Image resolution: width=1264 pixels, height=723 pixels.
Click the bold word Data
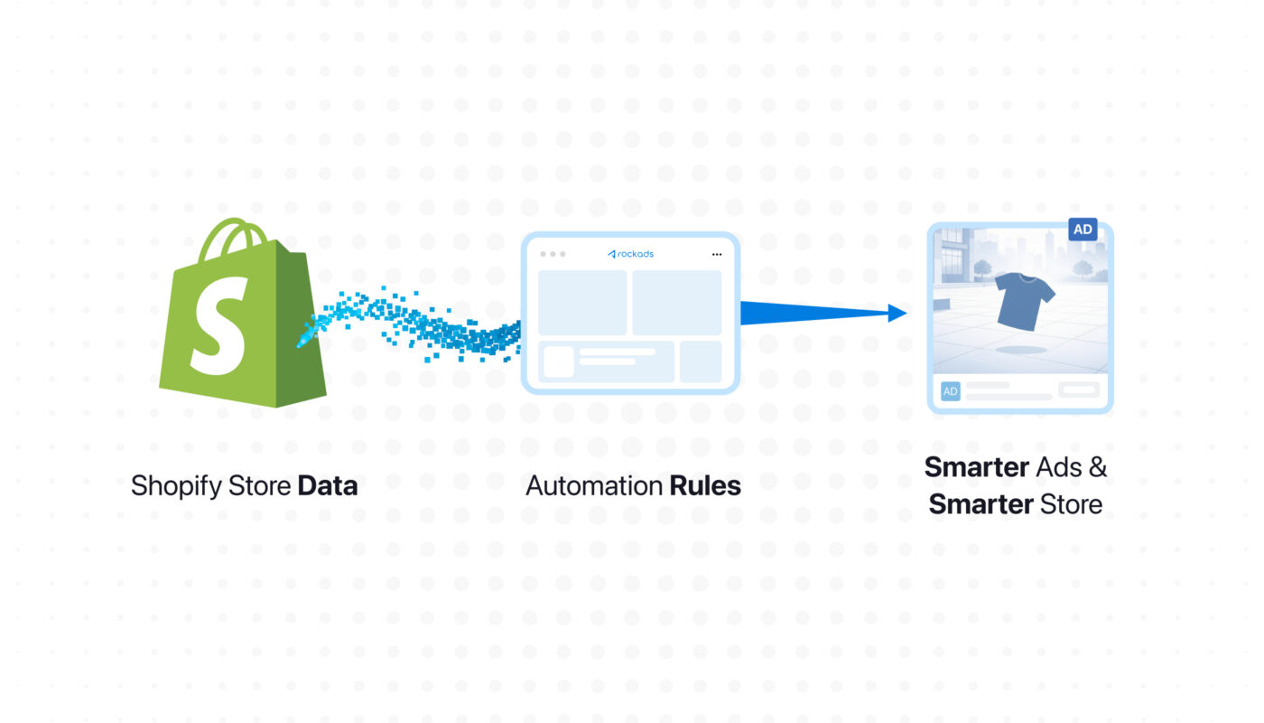(327, 486)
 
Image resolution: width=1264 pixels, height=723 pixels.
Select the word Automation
(594, 486)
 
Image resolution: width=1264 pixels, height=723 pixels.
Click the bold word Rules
(705, 486)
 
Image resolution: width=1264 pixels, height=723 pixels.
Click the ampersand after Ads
(1097, 467)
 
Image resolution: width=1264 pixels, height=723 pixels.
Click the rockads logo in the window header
(630, 254)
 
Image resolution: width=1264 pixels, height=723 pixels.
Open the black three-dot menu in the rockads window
(717, 254)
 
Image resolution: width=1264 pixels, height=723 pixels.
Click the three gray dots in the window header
(553, 254)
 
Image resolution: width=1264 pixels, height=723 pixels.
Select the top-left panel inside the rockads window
(582, 303)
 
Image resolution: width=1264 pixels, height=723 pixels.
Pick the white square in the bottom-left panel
(558, 361)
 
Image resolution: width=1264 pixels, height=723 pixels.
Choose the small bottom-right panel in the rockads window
(701, 361)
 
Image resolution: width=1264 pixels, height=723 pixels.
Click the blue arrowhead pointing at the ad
(897, 313)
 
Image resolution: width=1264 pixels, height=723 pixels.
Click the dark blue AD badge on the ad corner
(1083, 230)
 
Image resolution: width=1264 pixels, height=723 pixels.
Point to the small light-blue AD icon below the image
(950, 390)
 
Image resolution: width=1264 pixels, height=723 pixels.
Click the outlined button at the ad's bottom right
(1079, 390)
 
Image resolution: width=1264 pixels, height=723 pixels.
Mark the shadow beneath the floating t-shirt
(1023, 348)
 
